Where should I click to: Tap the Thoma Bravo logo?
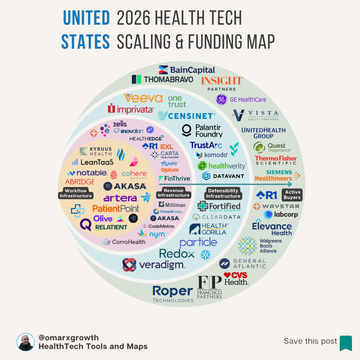point(159,78)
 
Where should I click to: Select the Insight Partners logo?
point(221,82)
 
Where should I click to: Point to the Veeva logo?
point(143,97)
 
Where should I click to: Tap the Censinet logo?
point(187,116)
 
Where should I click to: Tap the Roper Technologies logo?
point(173,291)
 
